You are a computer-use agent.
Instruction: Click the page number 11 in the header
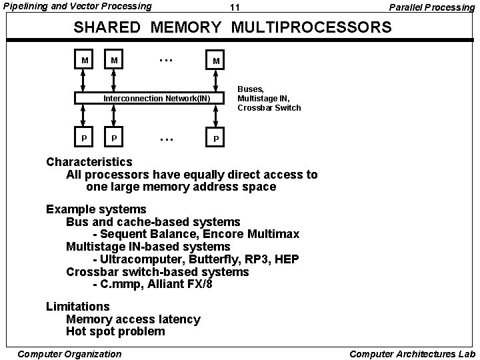point(234,8)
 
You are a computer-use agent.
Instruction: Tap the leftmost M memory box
point(85,61)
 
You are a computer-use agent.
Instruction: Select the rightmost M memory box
point(215,61)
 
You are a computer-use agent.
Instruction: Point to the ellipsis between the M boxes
point(166,59)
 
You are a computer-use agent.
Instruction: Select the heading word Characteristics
point(89,162)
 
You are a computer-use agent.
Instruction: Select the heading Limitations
point(77,307)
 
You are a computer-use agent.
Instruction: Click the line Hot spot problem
point(115,331)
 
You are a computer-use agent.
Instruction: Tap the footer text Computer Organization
point(70,354)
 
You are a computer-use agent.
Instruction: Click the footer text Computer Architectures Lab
point(412,354)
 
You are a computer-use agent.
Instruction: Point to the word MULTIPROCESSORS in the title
point(310,28)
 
